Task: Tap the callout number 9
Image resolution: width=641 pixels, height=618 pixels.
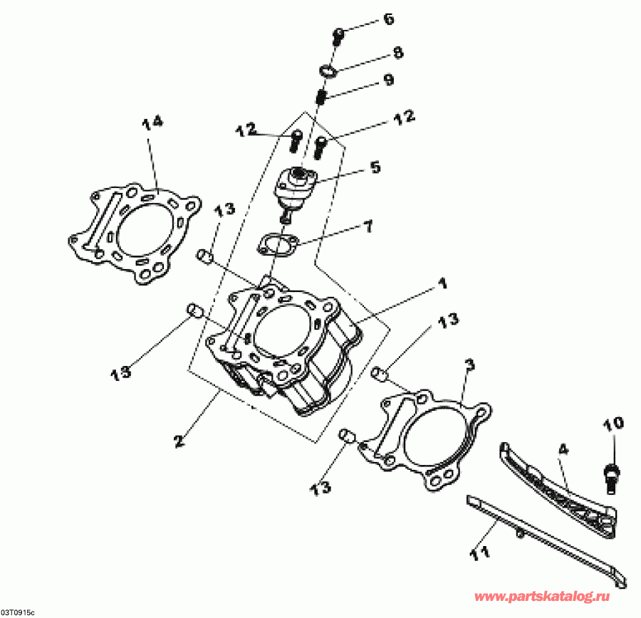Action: tap(387, 80)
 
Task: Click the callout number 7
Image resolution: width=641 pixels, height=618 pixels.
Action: tap(367, 227)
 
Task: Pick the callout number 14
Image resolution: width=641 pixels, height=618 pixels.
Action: tap(152, 122)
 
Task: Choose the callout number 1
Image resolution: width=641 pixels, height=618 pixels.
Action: tap(442, 284)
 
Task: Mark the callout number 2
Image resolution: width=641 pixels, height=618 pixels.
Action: tap(179, 441)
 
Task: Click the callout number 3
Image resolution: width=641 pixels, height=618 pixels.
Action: tap(469, 365)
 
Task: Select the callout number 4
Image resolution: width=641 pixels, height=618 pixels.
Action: tap(563, 449)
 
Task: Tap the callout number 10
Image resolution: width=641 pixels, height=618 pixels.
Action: tap(614, 424)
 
